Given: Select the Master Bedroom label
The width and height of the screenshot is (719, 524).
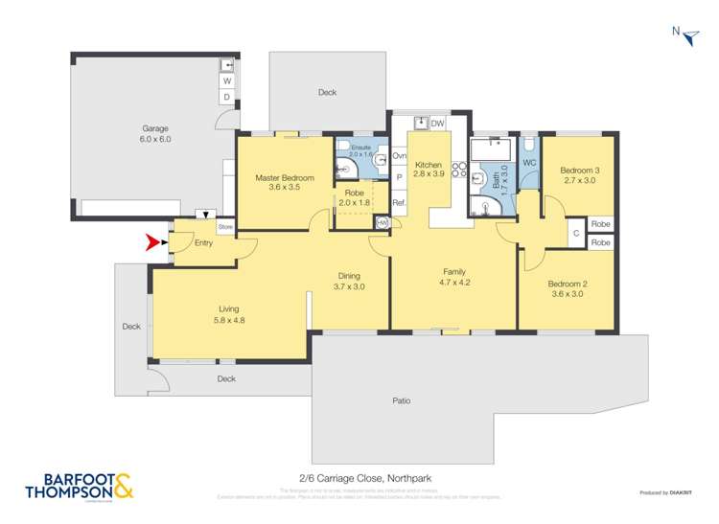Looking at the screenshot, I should coord(285,178).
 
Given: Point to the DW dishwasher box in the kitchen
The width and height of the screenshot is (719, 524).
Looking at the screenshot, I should coord(437,124).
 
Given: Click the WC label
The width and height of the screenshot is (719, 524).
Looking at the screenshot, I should coord(528,163).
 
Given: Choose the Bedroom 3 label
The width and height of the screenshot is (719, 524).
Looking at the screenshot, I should coord(578,171).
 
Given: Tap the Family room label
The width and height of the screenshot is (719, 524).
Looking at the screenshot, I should coord(453,271).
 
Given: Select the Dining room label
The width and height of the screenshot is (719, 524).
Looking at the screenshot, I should coord(349,276).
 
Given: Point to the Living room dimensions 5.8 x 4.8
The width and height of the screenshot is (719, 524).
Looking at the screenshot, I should coord(228,320).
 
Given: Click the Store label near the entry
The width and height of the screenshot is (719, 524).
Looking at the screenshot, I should coord(225,227).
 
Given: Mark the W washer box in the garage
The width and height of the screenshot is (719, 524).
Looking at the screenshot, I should coord(227,81).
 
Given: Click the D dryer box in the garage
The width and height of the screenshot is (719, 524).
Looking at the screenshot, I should coord(227,97).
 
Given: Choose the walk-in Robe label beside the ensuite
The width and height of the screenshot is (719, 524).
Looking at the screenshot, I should coord(354,193).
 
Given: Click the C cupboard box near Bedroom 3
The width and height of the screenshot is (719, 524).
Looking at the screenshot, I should coord(576,233).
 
